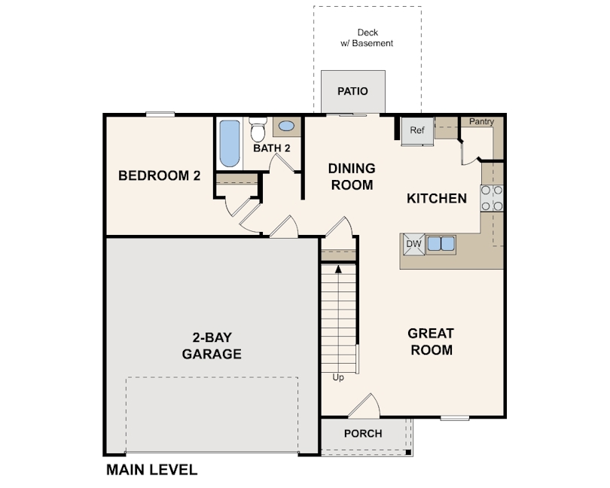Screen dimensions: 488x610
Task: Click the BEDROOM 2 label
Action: (x=160, y=175)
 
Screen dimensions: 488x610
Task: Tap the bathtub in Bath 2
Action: (x=228, y=144)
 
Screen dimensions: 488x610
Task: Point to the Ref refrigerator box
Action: (x=416, y=130)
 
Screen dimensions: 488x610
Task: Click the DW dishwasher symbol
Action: (x=413, y=243)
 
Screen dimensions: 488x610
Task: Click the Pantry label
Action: (x=481, y=121)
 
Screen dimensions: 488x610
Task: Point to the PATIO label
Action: (x=352, y=91)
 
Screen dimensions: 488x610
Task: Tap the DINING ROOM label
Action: (x=352, y=176)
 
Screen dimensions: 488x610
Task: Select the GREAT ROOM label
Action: (x=431, y=341)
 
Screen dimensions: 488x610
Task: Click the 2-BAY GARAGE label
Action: (x=212, y=346)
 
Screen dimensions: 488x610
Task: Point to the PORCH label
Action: (x=363, y=434)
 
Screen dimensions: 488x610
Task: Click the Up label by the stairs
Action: (x=338, y=377)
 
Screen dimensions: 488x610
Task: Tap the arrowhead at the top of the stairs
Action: (x=338, y=268)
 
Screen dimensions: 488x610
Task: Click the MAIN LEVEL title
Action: (x=151, y=470)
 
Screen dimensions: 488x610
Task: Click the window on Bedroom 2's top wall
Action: (x=160, y=114)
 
